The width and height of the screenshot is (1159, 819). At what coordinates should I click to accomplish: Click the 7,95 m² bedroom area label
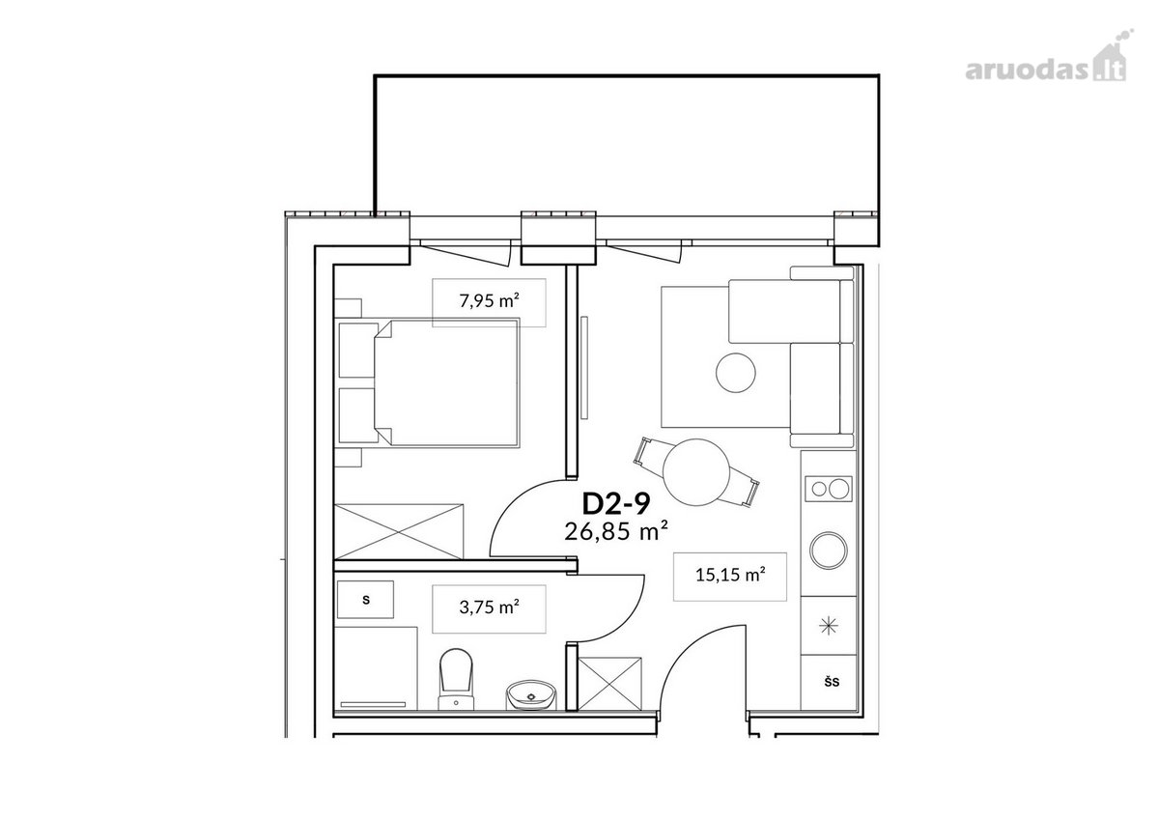coord(489,300)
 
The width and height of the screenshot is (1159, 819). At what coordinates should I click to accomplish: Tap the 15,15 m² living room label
coord(730,575)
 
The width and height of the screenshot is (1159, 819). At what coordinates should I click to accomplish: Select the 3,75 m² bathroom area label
coord(489,607)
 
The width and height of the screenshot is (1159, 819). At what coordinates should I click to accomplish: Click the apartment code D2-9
coord(616,504)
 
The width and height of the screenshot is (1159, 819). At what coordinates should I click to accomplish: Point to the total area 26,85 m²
coord(616,531)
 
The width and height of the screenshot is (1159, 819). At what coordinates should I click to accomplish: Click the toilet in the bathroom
coord(456,680)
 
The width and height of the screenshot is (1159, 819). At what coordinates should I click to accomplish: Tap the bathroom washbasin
coord(531,694)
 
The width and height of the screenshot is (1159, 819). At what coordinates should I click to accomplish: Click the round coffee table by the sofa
coord(735,373)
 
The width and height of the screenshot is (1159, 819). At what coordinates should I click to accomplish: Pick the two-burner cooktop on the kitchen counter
coord(828,489)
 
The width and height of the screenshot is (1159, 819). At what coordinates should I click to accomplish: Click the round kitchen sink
coord(829,550)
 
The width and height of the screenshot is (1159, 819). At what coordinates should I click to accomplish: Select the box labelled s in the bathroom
coord(365,600)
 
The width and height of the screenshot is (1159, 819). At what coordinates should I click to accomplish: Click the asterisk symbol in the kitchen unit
coord(829,627)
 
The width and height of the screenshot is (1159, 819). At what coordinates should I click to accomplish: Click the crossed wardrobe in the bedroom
coord(399,531)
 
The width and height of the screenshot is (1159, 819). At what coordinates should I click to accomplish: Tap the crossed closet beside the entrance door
coord(609,684)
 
